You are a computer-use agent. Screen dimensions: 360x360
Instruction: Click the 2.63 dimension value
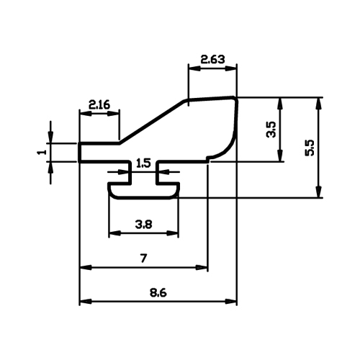point(212,59)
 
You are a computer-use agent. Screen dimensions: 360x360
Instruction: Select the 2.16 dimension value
point(99,104)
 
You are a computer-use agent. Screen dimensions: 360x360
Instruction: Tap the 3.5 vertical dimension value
point(271,129)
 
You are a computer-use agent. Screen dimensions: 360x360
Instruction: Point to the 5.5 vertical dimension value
point(310,148)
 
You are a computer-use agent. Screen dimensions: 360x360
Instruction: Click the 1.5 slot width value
point(143,163)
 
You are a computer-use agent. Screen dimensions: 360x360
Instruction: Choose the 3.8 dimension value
point(143,225)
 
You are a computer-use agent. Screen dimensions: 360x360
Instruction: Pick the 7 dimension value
point(143,258)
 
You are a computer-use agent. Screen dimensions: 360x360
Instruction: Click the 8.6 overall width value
point(158,293)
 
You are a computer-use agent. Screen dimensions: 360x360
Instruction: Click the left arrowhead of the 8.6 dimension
point(85,301)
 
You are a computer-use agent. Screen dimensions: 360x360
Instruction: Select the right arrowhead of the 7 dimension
point(202,267)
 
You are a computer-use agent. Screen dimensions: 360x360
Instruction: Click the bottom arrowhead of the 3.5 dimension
point(279,156)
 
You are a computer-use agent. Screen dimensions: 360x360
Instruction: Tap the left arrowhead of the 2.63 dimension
point(194,68)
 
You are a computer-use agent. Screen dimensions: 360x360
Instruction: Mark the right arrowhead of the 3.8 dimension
point(173,233)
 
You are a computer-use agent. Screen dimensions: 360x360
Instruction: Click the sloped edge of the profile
point(152,122)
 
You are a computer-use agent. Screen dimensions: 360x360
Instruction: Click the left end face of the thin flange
point(79,153)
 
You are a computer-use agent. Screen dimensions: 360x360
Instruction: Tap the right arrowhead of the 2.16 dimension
point(113,114)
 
